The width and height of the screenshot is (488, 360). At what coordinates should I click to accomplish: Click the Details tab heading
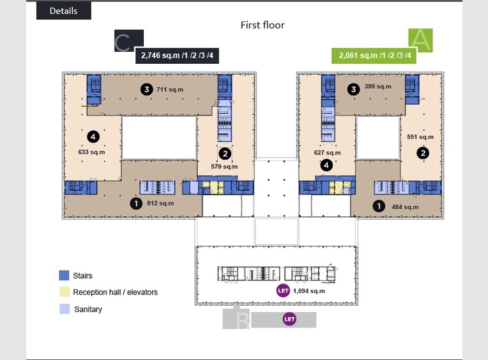pos(63,11)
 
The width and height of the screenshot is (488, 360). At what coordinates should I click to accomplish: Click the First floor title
pos(263,25)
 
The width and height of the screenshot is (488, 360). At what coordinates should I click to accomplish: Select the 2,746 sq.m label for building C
pos(177,56)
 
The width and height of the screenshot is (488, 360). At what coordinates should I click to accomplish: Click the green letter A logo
pos(420,40)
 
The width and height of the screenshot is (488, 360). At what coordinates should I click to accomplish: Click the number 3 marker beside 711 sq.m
pos(146,89)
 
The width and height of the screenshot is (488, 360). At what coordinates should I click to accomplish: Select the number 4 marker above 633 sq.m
pos(93,137)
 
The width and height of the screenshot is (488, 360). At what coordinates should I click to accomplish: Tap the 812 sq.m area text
pos(160,204)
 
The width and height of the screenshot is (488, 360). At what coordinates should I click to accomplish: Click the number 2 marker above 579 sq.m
pos(225,154)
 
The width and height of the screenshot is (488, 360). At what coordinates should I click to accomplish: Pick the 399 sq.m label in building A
pos(378,86)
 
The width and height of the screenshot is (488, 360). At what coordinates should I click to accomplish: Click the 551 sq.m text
pos(420,137)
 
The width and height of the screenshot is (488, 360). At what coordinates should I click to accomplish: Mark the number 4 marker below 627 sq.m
pos(326,165)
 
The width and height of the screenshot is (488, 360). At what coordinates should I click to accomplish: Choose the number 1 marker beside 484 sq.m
pos(379,206)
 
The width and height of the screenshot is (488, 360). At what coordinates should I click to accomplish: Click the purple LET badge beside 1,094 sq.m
pos(283,290)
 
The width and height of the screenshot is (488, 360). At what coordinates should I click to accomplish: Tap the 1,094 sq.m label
pos(309,291)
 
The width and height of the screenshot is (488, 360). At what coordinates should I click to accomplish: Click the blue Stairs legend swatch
pos(64,276)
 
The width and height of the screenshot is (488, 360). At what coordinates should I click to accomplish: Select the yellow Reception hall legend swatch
pos(65,292)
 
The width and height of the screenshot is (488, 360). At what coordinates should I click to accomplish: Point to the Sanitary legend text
pos(88,310)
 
